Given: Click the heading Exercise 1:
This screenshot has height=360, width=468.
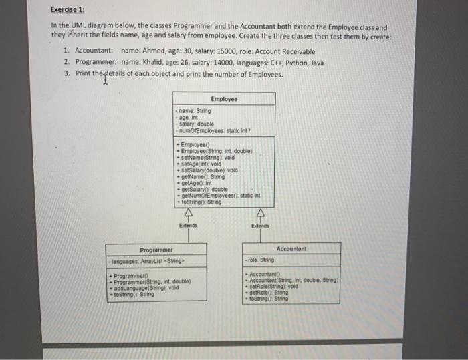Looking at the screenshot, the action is (70, 11).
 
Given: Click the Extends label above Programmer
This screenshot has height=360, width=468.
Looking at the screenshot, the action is (187, 226).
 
